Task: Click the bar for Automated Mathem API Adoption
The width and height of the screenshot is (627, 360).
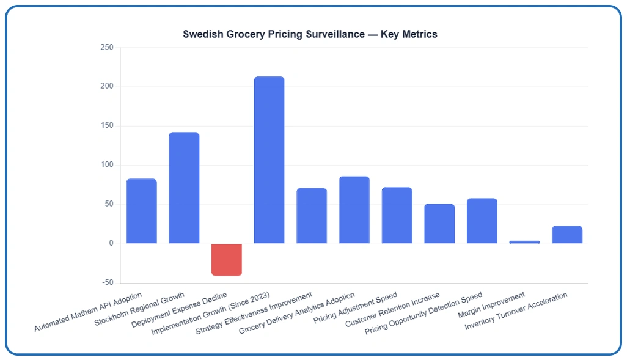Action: coord(142,211)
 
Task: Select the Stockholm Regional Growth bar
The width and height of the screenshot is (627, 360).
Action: coord(184,188)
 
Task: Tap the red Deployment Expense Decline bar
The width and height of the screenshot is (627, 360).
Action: coord(227,259)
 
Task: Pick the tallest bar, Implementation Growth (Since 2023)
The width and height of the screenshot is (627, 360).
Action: coord(269,160)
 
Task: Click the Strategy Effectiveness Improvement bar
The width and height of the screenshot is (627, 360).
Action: coord(312,216)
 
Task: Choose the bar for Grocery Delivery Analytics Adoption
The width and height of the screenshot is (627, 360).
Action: coord(354,210)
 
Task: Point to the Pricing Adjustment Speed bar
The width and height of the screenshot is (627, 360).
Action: coord(397,215)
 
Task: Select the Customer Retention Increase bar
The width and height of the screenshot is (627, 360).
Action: coord(439,224)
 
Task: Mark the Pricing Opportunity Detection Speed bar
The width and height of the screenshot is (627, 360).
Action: coord(482,221)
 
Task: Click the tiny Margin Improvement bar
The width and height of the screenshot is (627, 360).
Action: coord(524,242)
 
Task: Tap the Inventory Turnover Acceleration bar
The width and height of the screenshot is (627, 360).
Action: coord(566,235)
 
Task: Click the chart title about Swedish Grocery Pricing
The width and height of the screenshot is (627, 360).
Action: coord(310,34)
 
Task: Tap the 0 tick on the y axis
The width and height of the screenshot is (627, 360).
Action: coord(111,244)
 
